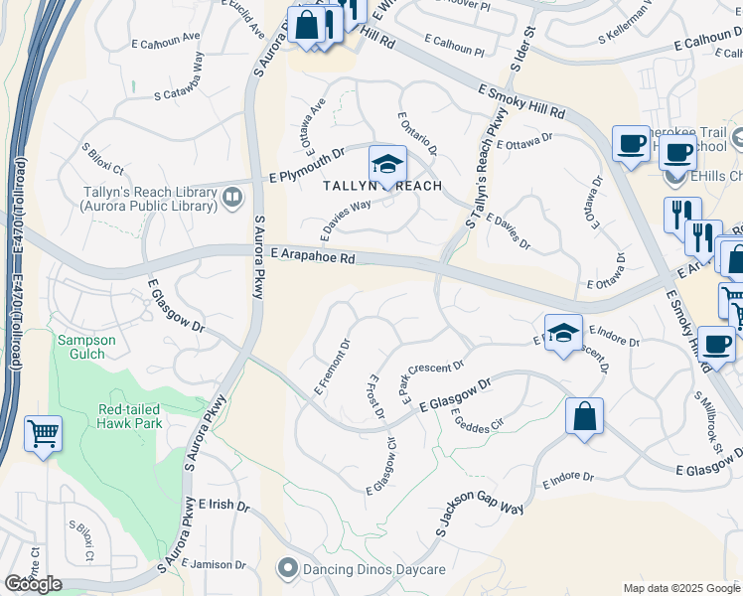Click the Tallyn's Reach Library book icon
(232, 196)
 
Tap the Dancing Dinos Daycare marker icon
(287, 569)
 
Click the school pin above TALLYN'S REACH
(387, 164)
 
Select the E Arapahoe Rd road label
(312, 256)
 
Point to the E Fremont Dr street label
(333, 369)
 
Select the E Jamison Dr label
(216, 565)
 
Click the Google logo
(33, 583)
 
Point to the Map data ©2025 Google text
(681, 588)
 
